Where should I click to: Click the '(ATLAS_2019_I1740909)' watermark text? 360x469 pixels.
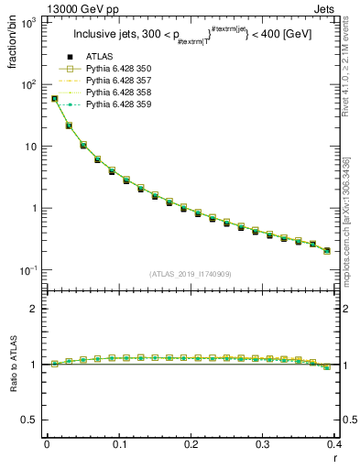[x=191, y=274]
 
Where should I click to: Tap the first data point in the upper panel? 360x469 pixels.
[x=54, y=98]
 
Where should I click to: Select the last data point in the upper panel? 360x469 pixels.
[x=327, y=250]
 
